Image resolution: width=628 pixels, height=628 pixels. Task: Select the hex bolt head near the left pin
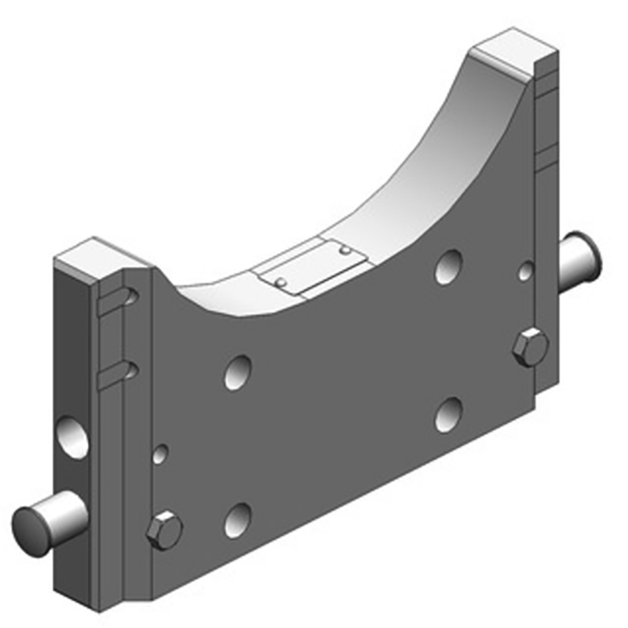coord(165,531)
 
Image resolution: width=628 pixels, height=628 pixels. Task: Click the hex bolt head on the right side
coord(530,347)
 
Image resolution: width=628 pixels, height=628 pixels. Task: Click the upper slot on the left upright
coord(116,300)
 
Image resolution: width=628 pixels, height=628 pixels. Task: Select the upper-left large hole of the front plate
coord(238,372)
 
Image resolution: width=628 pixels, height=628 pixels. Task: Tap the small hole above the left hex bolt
coord(161,454)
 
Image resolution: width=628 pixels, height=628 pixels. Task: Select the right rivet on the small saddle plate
coord(344,250)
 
